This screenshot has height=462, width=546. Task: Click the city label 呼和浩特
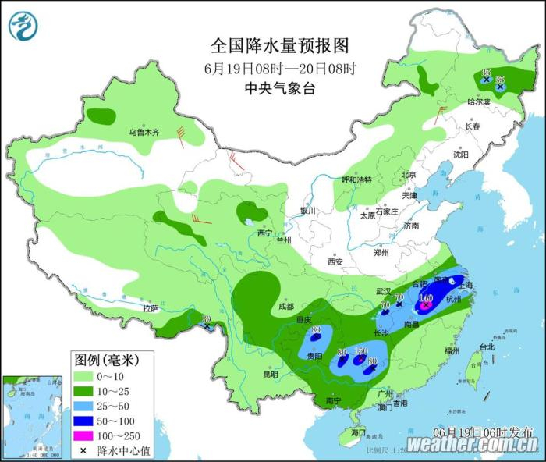coord(357,179)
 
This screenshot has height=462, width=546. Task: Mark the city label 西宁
coord(265,233)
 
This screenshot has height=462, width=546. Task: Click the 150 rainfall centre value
coord(360,353)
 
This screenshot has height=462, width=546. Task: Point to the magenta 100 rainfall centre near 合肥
coord(426,299)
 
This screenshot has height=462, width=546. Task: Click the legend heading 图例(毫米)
coord(105,360)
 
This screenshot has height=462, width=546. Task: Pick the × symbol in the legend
coord(83,450)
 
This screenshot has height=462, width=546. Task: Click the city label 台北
coord(486,346)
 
